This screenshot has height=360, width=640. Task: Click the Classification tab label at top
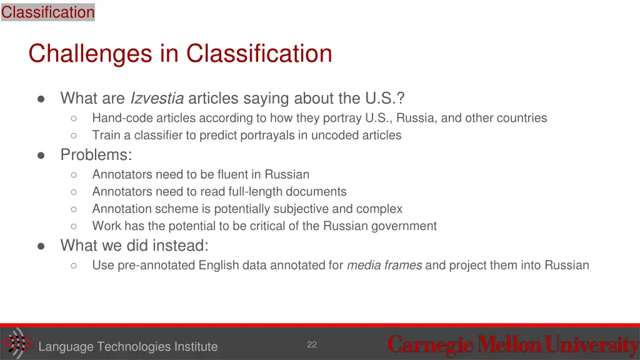pos(47,12)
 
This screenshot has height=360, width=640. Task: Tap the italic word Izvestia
pos(156,99)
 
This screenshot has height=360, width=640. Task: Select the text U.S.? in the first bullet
pos(385,99)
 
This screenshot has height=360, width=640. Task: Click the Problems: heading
pos(96,154)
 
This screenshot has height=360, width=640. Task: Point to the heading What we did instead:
pos(134,246)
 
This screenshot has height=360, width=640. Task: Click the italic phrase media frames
pos(384,265)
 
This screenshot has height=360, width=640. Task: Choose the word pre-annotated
pos(156,265)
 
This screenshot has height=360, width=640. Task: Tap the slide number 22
pos(312,344)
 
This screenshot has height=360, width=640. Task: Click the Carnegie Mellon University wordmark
pos(512,345)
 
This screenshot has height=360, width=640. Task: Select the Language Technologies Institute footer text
pos(128,346)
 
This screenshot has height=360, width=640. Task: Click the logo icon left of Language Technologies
pos(16,343)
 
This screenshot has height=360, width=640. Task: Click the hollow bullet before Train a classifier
pos(74,136)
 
